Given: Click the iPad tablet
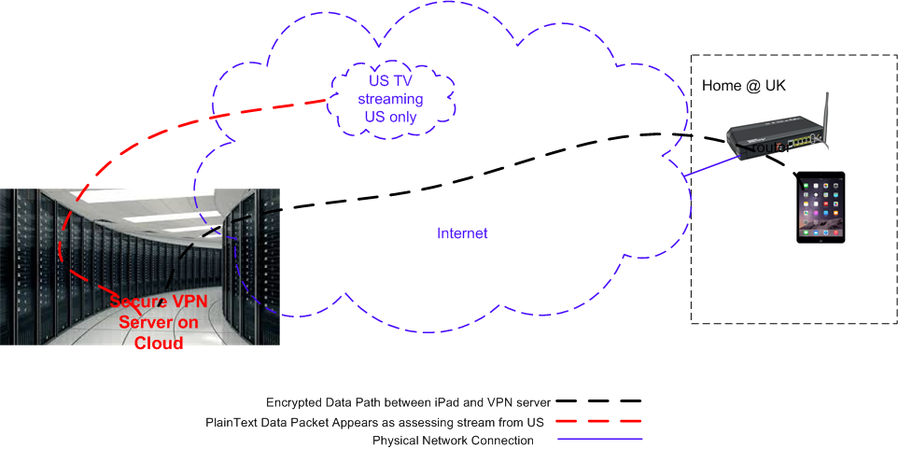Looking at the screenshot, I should tap(821, 207).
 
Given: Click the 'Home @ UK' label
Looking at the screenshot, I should tap(744, 85).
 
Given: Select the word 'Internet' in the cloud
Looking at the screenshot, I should tap(463, 233).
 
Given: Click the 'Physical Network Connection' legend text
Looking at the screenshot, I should tap(453, 441).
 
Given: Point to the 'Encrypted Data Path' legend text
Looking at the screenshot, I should tap(409, 402).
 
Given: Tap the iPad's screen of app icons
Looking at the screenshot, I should tap(821, 206).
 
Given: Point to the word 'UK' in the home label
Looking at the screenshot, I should tap(775, 85).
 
